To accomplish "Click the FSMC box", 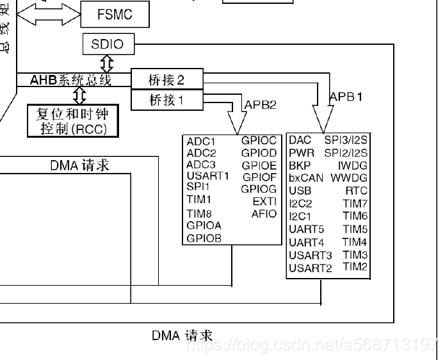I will (115, 13).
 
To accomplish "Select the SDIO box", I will (103, 45).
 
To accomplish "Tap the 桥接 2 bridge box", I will (166, 80).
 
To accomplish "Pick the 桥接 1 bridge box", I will (166, 100).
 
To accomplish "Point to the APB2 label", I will (261, 104).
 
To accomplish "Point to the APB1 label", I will (346, 97).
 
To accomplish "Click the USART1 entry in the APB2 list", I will (208, 176).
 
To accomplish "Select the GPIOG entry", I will (259, 189).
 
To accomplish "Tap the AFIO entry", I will (264, 214).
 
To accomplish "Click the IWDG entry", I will (353, 165).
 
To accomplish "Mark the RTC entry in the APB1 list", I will (357, 190).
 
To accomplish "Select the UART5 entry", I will (307, 229).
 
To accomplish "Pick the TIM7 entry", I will (355, 203).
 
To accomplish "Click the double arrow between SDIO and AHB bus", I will (107, 63).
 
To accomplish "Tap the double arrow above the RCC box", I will (79, 95).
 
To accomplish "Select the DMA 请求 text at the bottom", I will (182, 335).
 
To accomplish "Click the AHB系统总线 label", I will (71, 80).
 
